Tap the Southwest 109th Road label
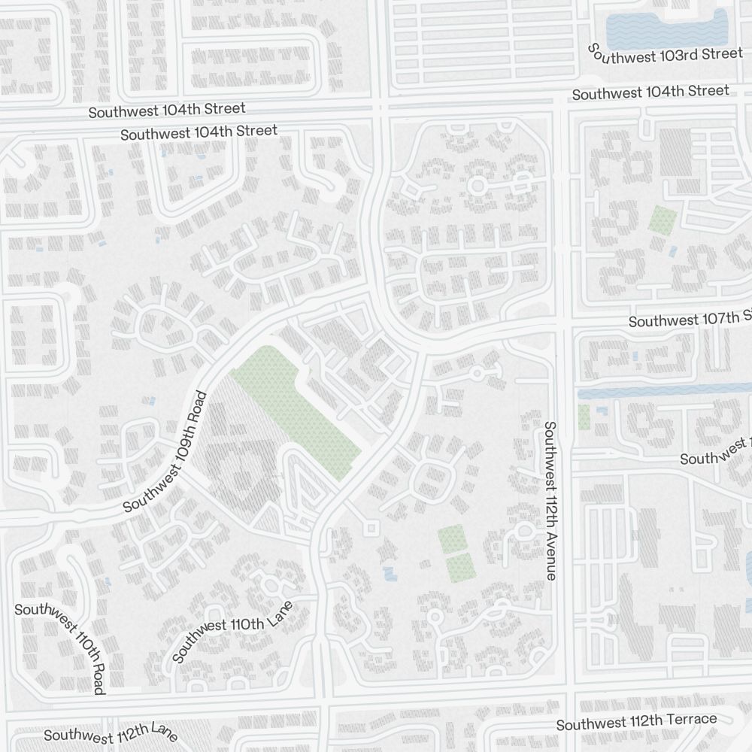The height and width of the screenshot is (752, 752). tap(165, 451)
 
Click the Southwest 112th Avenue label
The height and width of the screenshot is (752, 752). tap(550, 501)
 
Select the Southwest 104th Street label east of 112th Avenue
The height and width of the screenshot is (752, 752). tap(650, 92)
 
